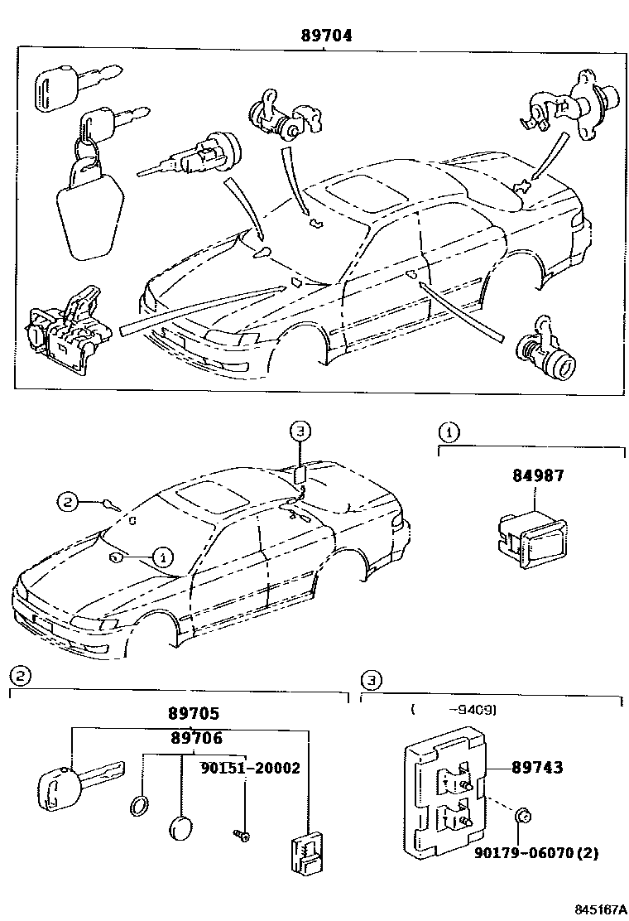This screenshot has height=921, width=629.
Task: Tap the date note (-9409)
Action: (x=453, y=709)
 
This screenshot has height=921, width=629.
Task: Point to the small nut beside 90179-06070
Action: (x=522, y=818)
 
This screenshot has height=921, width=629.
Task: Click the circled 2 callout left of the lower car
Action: (x=68, y=500)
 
